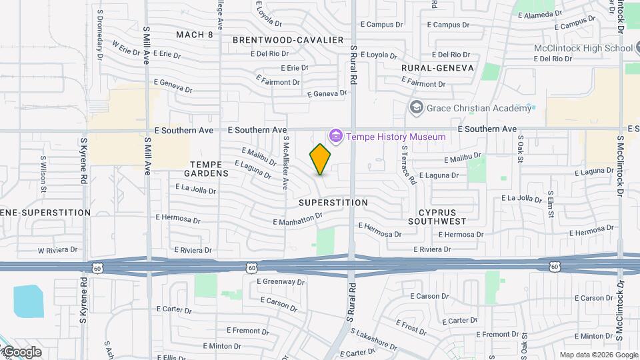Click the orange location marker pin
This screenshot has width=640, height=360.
tap(321, 159)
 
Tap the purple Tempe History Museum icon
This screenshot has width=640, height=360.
tap(335, 137)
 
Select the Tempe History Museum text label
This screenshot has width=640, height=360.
tap(396, 137)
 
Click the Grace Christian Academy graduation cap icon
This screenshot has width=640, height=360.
tap(417, 107)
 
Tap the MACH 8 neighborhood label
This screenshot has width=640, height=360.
tap(195, 34)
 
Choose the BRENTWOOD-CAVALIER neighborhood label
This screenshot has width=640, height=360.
tap(287, 40)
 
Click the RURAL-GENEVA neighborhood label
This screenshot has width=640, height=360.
tap(437, 68)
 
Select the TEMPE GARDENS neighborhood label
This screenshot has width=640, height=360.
tap(209, 168)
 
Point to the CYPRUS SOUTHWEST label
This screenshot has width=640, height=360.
tap(437, 215)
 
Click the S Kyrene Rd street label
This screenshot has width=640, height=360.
tap(84, 162)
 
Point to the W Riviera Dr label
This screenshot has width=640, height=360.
tap(57, 250)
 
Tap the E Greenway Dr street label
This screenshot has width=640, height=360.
tap(280, 281)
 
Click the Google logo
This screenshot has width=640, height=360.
tap(21, 352)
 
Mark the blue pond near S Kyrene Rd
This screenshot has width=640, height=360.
tap(27, 301)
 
